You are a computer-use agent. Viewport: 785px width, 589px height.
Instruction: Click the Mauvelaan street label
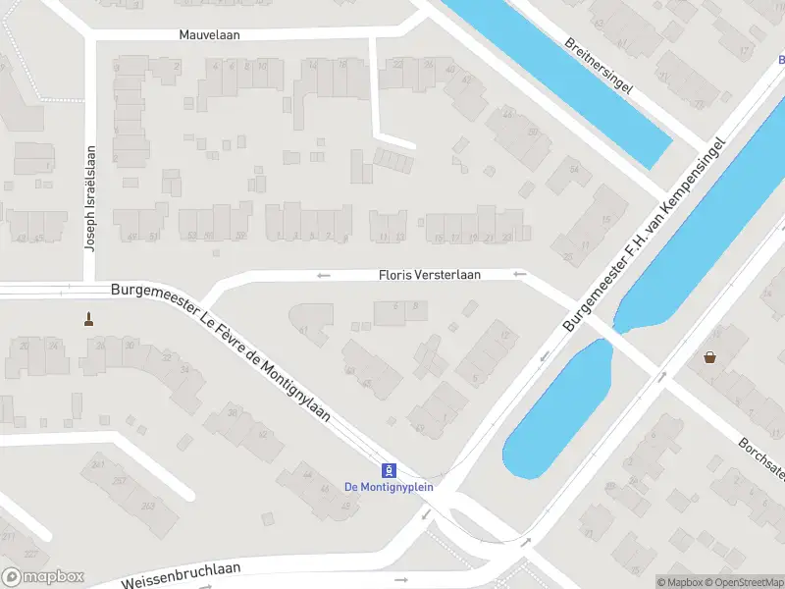click(209, 34)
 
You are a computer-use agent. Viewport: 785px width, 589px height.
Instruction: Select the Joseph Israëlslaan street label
click(89, 199)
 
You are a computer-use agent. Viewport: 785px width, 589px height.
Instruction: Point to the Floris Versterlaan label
click(430, 276)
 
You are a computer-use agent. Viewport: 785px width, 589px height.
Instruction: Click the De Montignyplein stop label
click(389, 486)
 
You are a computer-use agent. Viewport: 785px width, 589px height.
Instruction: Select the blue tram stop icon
click(389, 469)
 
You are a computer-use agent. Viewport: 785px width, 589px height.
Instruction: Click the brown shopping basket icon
click(708, 357)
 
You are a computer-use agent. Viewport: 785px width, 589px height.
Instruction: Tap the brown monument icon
click(89, 318)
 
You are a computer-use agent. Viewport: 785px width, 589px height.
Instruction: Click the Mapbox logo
click(43, 577)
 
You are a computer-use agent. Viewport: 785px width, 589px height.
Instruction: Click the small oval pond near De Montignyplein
click(555, 412)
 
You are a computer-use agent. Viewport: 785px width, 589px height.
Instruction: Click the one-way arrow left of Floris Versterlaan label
click(324, 276)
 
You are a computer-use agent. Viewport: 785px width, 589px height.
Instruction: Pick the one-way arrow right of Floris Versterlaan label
click(519, 275)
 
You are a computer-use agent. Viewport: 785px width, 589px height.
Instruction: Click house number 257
click(119, 481)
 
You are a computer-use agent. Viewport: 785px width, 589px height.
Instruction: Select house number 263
click(148, 506)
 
